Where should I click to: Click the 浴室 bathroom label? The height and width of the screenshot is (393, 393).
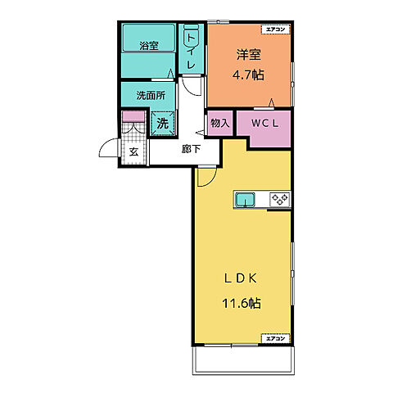pos(149,46)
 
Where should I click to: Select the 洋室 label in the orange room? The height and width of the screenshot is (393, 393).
pos(249,54)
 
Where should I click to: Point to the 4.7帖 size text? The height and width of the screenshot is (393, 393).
pos(248,75)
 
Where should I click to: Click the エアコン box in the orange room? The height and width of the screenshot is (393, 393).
pos(275,29)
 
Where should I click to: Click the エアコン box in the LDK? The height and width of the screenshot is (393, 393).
pos(275,338)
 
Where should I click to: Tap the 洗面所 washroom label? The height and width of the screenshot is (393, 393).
pos(151,96)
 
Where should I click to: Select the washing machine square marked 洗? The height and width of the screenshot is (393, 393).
pos(162,124)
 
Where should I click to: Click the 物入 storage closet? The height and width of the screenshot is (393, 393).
pos(220,123)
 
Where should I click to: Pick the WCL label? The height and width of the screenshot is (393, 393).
pos(264,124)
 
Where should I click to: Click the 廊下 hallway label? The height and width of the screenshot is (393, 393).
pos(191,149)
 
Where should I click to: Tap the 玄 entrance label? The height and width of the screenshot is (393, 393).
pos(133,152)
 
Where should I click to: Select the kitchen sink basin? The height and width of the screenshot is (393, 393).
pos(246,199)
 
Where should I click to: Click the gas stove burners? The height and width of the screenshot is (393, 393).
pos(280,199)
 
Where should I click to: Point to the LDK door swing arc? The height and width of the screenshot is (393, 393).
pos(211,181)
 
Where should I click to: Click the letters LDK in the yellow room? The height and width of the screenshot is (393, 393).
pos(241,278)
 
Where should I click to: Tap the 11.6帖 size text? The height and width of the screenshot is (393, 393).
pos(242,303)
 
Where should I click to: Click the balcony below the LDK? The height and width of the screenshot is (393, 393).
pos(243,360)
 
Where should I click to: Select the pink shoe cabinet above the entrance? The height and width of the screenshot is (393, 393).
pos(133,116)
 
